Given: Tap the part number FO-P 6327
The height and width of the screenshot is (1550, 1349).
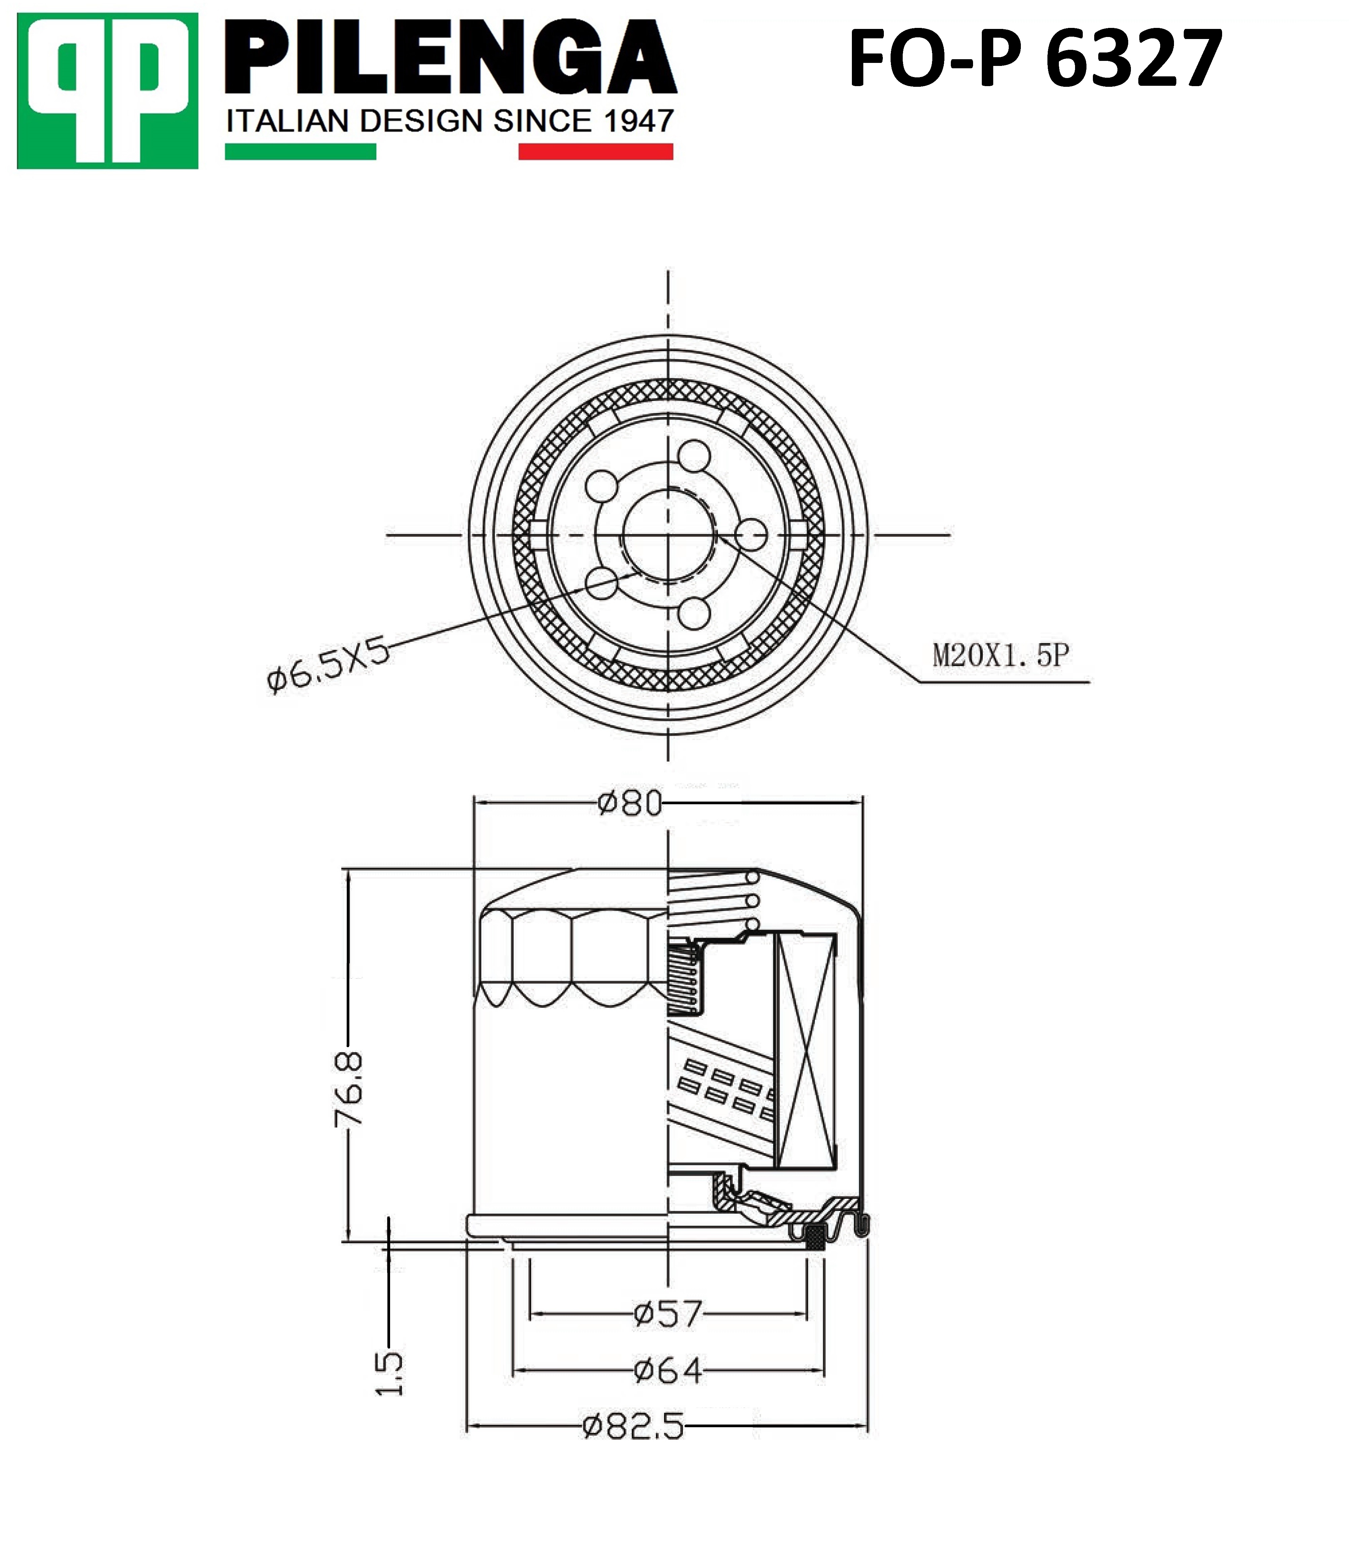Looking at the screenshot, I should (x=1035, y=59).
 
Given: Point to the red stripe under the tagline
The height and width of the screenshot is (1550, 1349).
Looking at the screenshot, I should (x=595, y=152).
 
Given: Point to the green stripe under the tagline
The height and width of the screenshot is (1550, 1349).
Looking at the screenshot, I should (x=300, y=152).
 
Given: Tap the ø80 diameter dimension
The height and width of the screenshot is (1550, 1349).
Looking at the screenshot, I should (x=629, y=804).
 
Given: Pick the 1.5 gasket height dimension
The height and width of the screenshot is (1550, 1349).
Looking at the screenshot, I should (x=389, y=1374).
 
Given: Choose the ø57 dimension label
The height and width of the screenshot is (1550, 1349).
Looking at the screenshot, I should (x=668, y=1315).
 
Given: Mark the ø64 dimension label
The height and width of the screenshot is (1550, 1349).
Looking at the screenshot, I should (x=668, y=1371).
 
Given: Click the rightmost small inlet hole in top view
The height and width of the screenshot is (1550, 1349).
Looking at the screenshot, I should (x=751, y=536).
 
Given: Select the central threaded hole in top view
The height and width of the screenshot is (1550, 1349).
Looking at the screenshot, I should (x=668, y=536).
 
